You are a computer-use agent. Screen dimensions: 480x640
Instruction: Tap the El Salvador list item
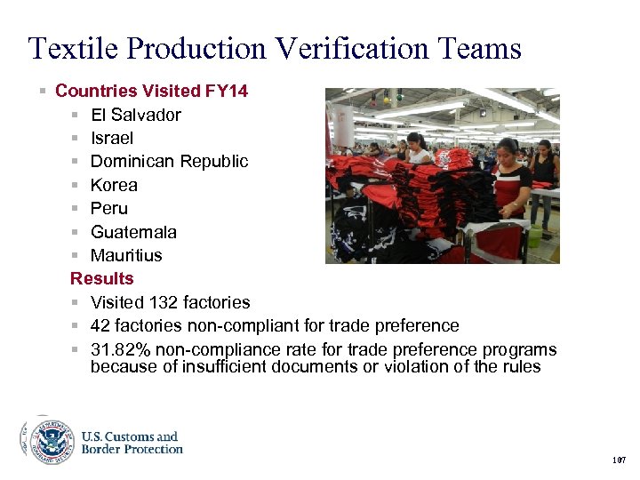point(135,115)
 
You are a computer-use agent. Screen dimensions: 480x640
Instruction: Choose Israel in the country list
point(112,138)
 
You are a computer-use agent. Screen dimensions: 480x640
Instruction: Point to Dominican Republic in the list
point(169,162)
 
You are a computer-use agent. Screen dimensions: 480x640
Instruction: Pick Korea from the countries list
point(114,185)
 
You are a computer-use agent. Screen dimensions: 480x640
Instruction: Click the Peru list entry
point(109,208)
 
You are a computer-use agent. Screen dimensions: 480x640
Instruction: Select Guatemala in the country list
point(133,232)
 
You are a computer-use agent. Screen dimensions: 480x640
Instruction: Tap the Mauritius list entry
point(126,255)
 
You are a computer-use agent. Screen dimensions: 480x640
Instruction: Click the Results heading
point(101,279)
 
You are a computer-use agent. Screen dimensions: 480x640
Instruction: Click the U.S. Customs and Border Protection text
point(132,443)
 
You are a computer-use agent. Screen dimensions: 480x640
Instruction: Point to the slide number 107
point(619,460)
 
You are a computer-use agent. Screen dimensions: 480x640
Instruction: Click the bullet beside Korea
point(78,186)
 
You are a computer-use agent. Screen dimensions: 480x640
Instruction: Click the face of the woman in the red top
point(509,151)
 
